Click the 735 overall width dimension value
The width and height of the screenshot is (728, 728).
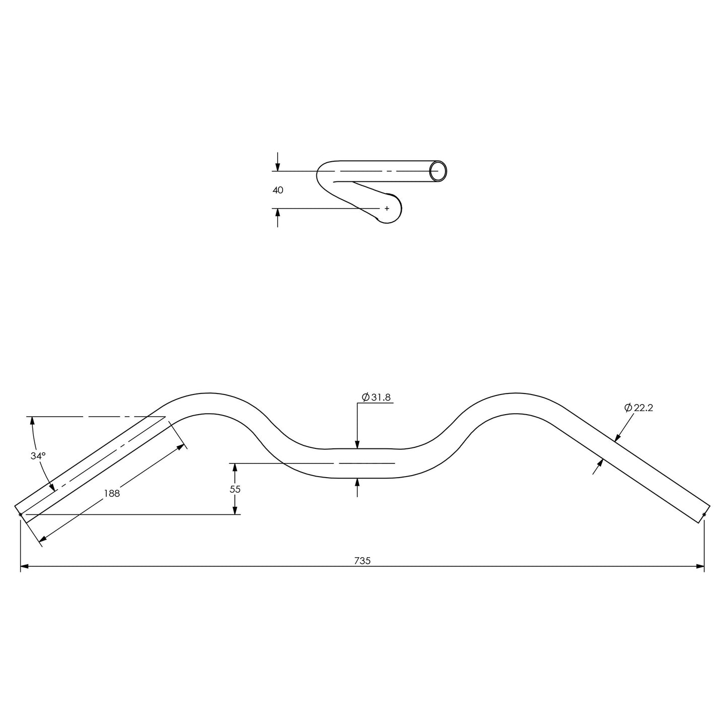(x=362, y=561)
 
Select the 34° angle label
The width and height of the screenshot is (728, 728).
(x=38, y=455)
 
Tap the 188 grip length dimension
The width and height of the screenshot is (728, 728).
(x=112, y=494)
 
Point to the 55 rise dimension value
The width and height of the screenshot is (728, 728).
(x=235, y=489)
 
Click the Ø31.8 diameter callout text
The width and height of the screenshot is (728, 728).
(x=376, y=398)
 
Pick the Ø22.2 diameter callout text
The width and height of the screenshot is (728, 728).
(x=638, y=408)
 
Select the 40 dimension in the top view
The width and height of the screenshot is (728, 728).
(x=278, y=190)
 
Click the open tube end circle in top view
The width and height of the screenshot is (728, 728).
(x=438, y=171)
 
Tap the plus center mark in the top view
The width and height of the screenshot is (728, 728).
(x=387, y=208)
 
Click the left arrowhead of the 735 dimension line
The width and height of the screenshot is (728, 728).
(x=24, y=567)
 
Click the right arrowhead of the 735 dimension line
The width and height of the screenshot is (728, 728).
(x=700, y=567)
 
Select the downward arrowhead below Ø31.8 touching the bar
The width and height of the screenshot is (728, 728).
(x=357, y=444)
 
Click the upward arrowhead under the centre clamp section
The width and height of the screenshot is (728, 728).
(x=357, y=482)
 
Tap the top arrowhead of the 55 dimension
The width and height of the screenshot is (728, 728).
(x=235, y=467)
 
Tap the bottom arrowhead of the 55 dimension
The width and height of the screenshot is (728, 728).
(x=235, y=510)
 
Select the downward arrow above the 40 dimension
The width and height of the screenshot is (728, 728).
(x=278, y=168)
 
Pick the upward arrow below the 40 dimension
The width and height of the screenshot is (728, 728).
(x=278, y=212)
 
